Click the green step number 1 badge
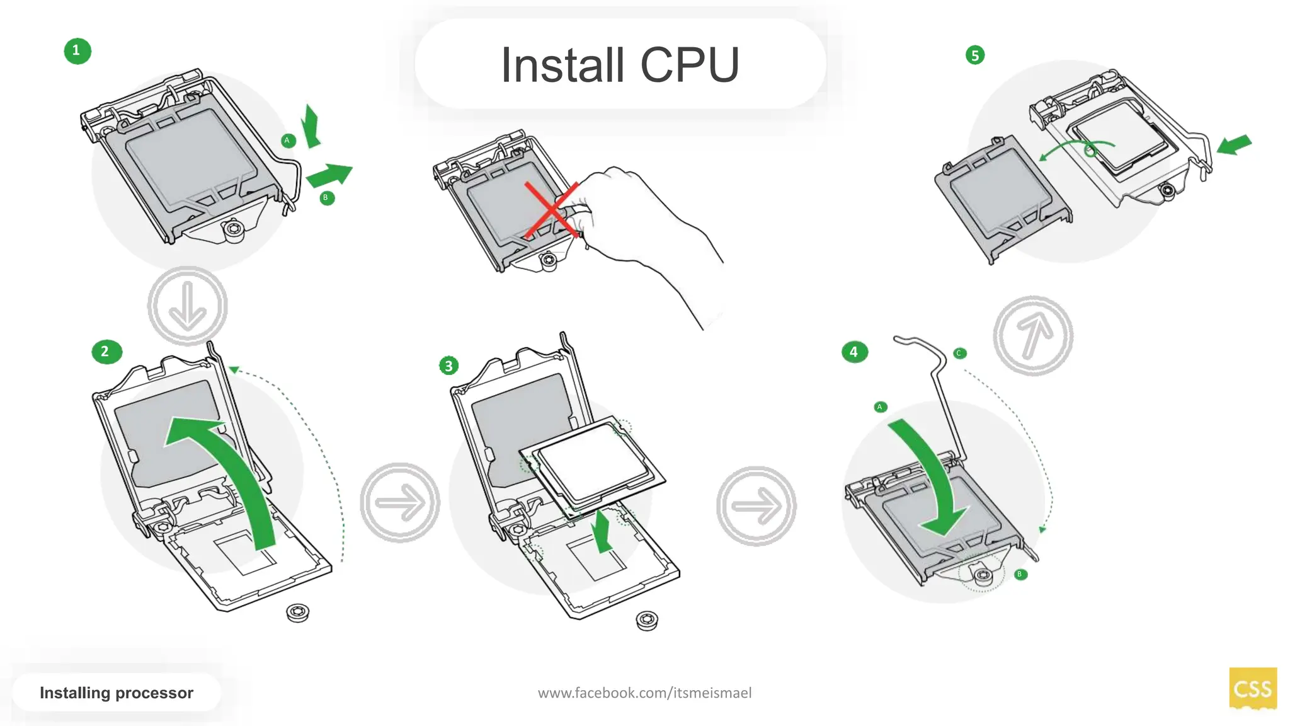point(77,51)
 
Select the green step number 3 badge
point(448,366)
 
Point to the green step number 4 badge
point(854,352)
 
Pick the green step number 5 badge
point(974,55)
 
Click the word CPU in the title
point(690,66)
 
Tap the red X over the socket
point(552,210)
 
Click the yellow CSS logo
point(1252,688)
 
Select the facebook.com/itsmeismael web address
point(644,693)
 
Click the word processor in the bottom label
point(154,693)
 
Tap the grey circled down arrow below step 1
point(187,306)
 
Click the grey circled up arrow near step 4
point(1033,336)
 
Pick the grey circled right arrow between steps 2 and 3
point(400,503)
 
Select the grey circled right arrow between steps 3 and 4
point(756,505)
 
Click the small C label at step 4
point(959,354)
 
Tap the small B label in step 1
point(326,198)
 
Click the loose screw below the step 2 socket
point(297,612)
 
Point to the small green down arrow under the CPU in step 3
point(603,531)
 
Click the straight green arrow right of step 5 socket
point(1234,145)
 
